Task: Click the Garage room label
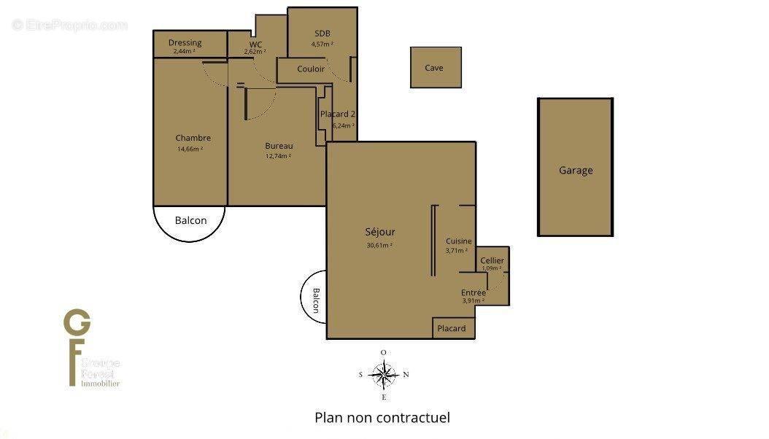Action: click(576, 171)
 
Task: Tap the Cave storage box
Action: click(434, 68)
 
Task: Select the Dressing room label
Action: click(185, 42)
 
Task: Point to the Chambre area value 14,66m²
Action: click(190, 149)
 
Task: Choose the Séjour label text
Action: click(380, 232)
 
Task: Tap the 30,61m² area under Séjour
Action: click(380, 245)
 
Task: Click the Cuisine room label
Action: click(459, 241)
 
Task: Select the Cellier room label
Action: click(492, 260)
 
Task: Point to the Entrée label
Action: click(474, 292)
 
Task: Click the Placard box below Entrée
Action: click(452, 328)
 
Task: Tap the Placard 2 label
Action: click(338, 114)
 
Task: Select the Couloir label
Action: click(311, 69)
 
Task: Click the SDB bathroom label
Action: click(322, 34)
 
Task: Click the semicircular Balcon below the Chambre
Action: click(190, 221)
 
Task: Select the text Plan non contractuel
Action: click(382, 418)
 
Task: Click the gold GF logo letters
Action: click(77, 343)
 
